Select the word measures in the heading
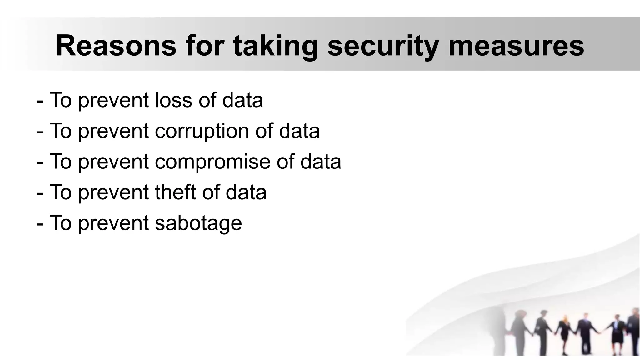pos(516,46)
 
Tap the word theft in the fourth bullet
pos(175,192)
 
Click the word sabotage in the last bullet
pos(198,223)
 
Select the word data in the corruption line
pos(299,131)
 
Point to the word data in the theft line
pos(246,192)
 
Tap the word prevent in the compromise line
pos(113,162)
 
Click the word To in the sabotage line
pos(61,222)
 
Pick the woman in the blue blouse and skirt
pos(617,333)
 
